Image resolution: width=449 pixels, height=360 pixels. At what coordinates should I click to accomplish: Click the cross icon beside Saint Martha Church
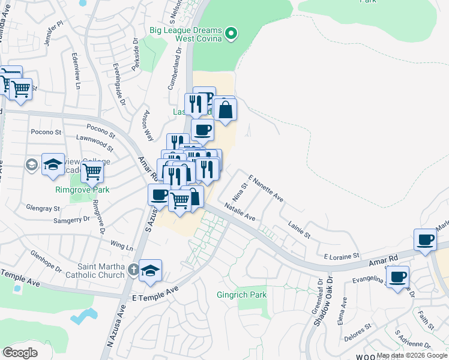[x=134, y=271]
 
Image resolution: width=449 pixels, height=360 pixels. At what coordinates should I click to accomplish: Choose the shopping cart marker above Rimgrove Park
[x=92, y=172]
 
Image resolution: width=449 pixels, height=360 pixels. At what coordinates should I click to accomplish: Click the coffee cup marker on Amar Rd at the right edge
[x=426, y=240]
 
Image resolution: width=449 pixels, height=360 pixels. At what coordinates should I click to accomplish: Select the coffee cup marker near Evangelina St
[x=397, y=277]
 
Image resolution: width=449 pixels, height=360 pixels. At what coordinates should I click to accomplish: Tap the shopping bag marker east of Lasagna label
[x=225, y=110]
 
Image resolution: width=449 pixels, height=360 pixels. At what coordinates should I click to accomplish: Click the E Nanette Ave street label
[x=265, y=187]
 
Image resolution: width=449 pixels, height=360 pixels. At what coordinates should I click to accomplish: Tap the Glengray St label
[x=43, y=209]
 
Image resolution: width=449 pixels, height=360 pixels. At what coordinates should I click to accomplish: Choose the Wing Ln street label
[x=121, y=246]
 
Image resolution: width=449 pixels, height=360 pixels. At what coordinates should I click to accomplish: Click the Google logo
[x=20, y=353]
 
